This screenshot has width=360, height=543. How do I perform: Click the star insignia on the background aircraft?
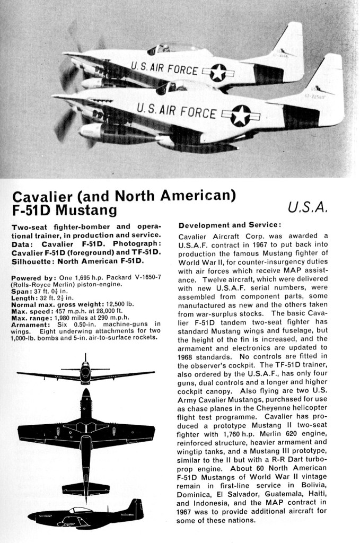tap(217, 73)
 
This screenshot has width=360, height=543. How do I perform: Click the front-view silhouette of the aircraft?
tap(85, 372)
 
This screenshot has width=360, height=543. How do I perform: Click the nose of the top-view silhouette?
tap(85, 395)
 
